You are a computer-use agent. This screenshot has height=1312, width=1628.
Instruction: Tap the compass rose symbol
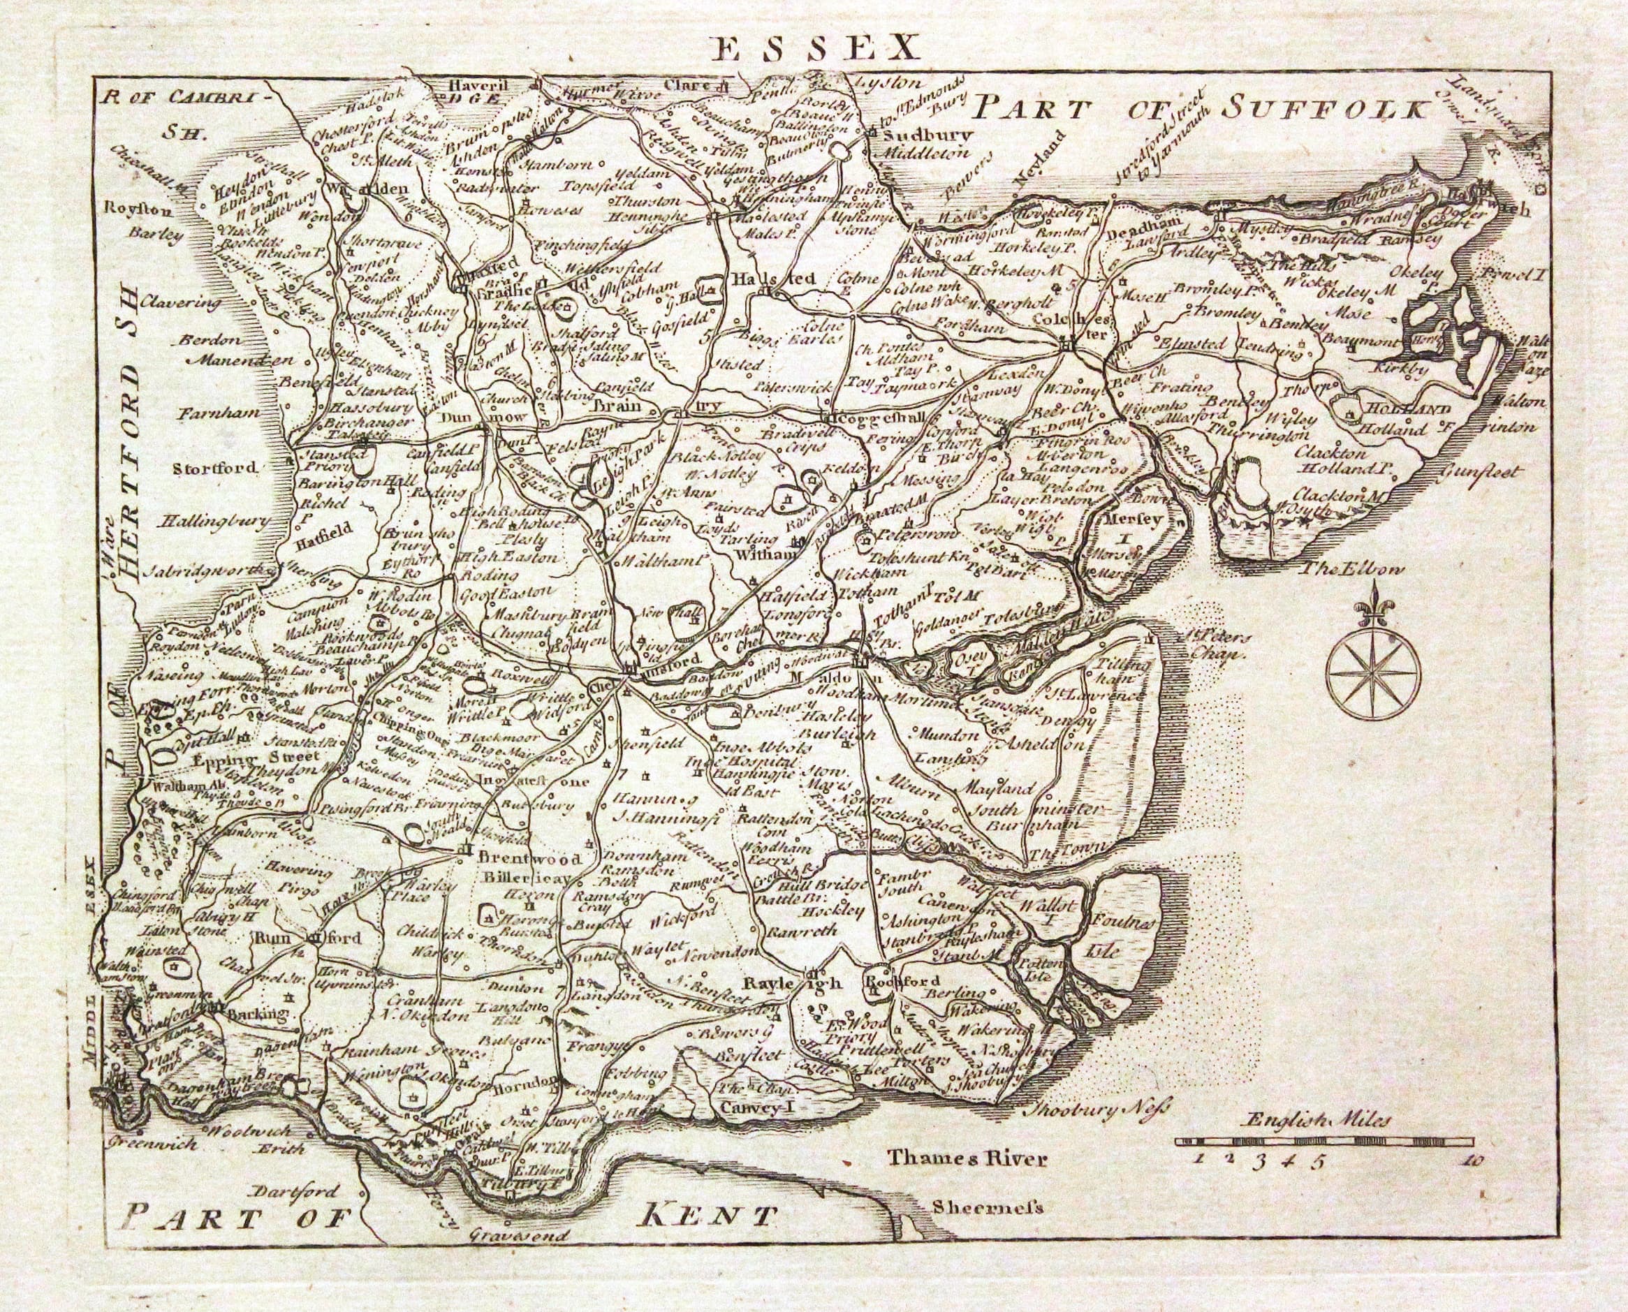(1373, 672)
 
